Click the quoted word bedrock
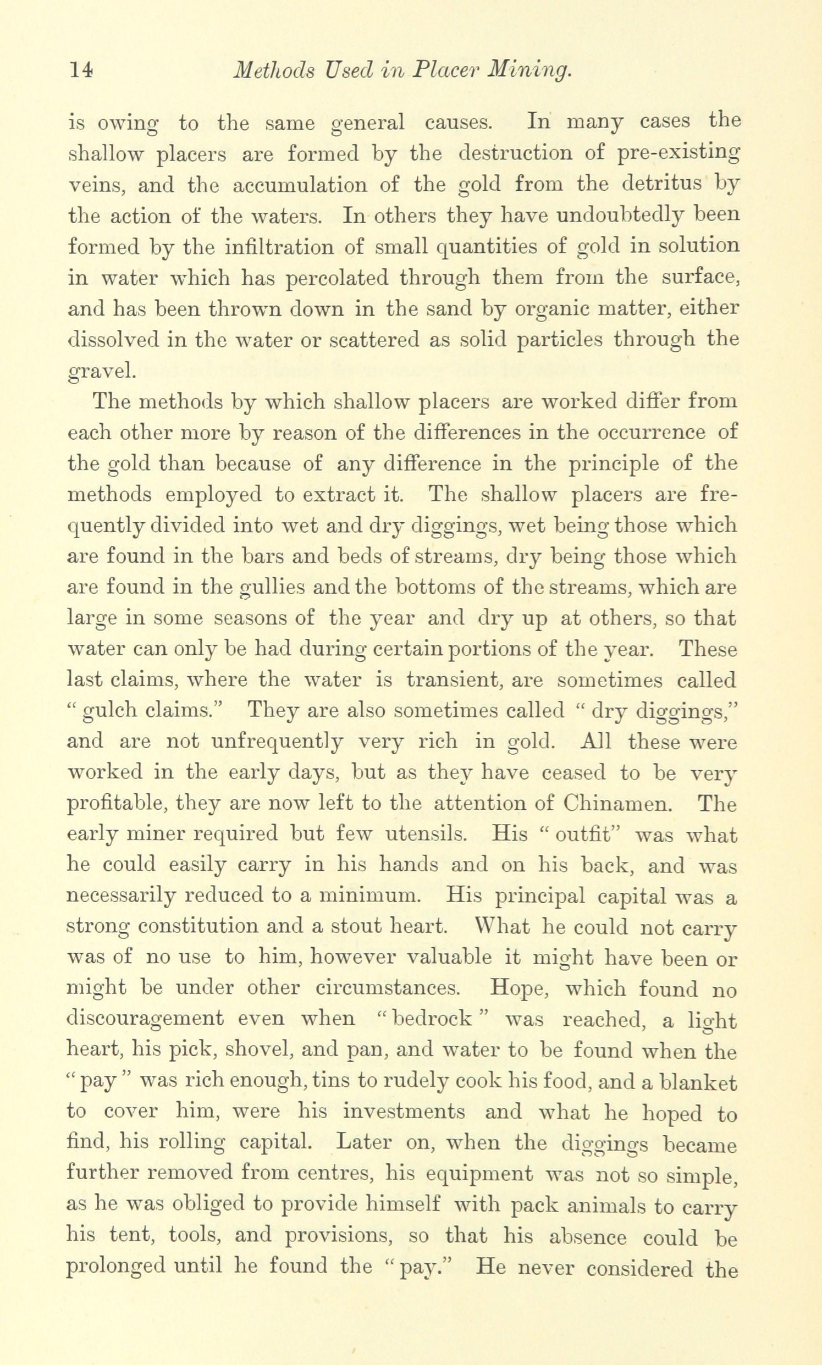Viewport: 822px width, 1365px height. (x=431, y=1019)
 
